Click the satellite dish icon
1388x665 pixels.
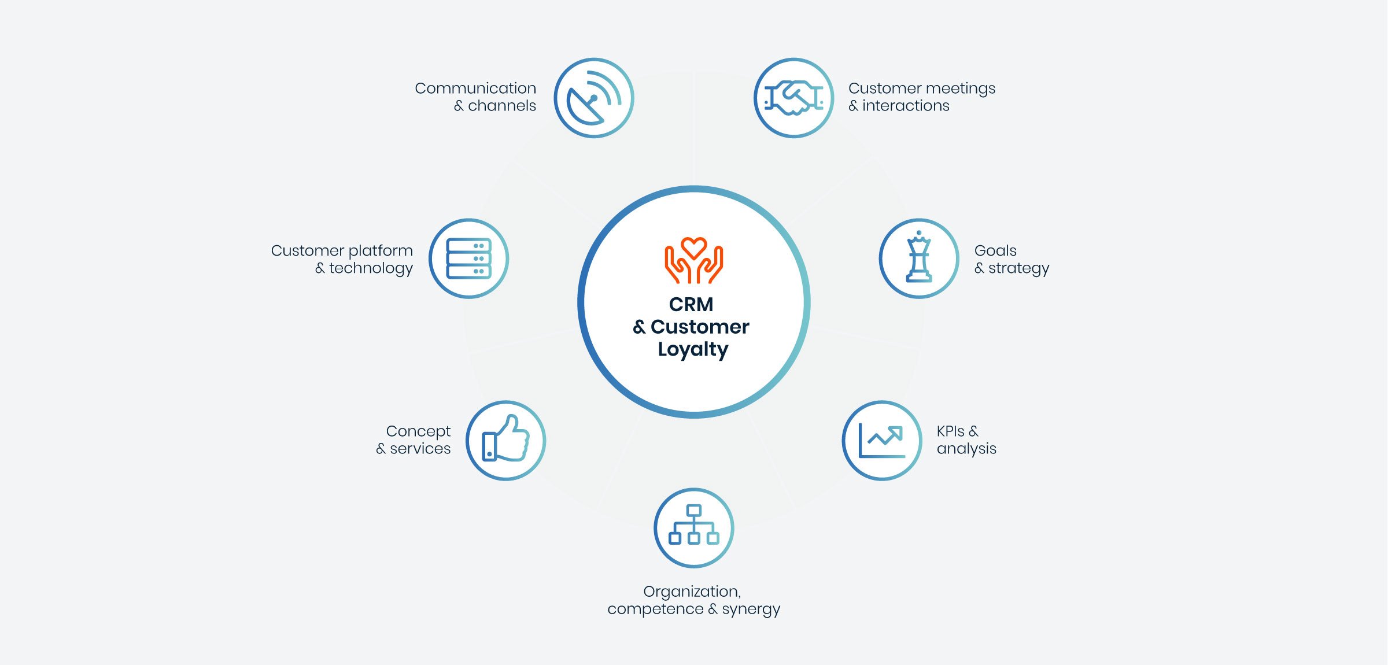pyautogui.click(x=594, y=98)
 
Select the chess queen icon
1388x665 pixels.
pyautogui.click(x=919, y=258)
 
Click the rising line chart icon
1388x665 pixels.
pyautogui.click(x=882, y=441)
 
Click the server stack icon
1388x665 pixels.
pyautogui.click(x=468, y=258)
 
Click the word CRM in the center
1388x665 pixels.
pyautogui.click(x=691, y=304)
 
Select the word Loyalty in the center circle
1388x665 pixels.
pyautogui.click(x=693, y=349)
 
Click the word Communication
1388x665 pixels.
pyautogui.click(x=475, y=88)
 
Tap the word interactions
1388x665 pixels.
pyautogui.click(x=906, y=106)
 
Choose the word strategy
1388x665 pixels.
pyautogui.click(x=1018, y=268)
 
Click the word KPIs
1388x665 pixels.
pyautogui.click(x=950, y=431)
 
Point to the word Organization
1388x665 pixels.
pyautogui.click(x=692, y=592)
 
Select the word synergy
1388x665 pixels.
pyautogui.click(x=751, y=609)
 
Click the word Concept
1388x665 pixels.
pyautogui.click(x=418, y=431)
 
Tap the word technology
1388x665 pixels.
pyautogui.click(x=371, y=268)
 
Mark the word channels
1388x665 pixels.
pyautogui.click(x=501, y=106)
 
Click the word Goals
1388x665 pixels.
pyautogui.click(x=995, y=251)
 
